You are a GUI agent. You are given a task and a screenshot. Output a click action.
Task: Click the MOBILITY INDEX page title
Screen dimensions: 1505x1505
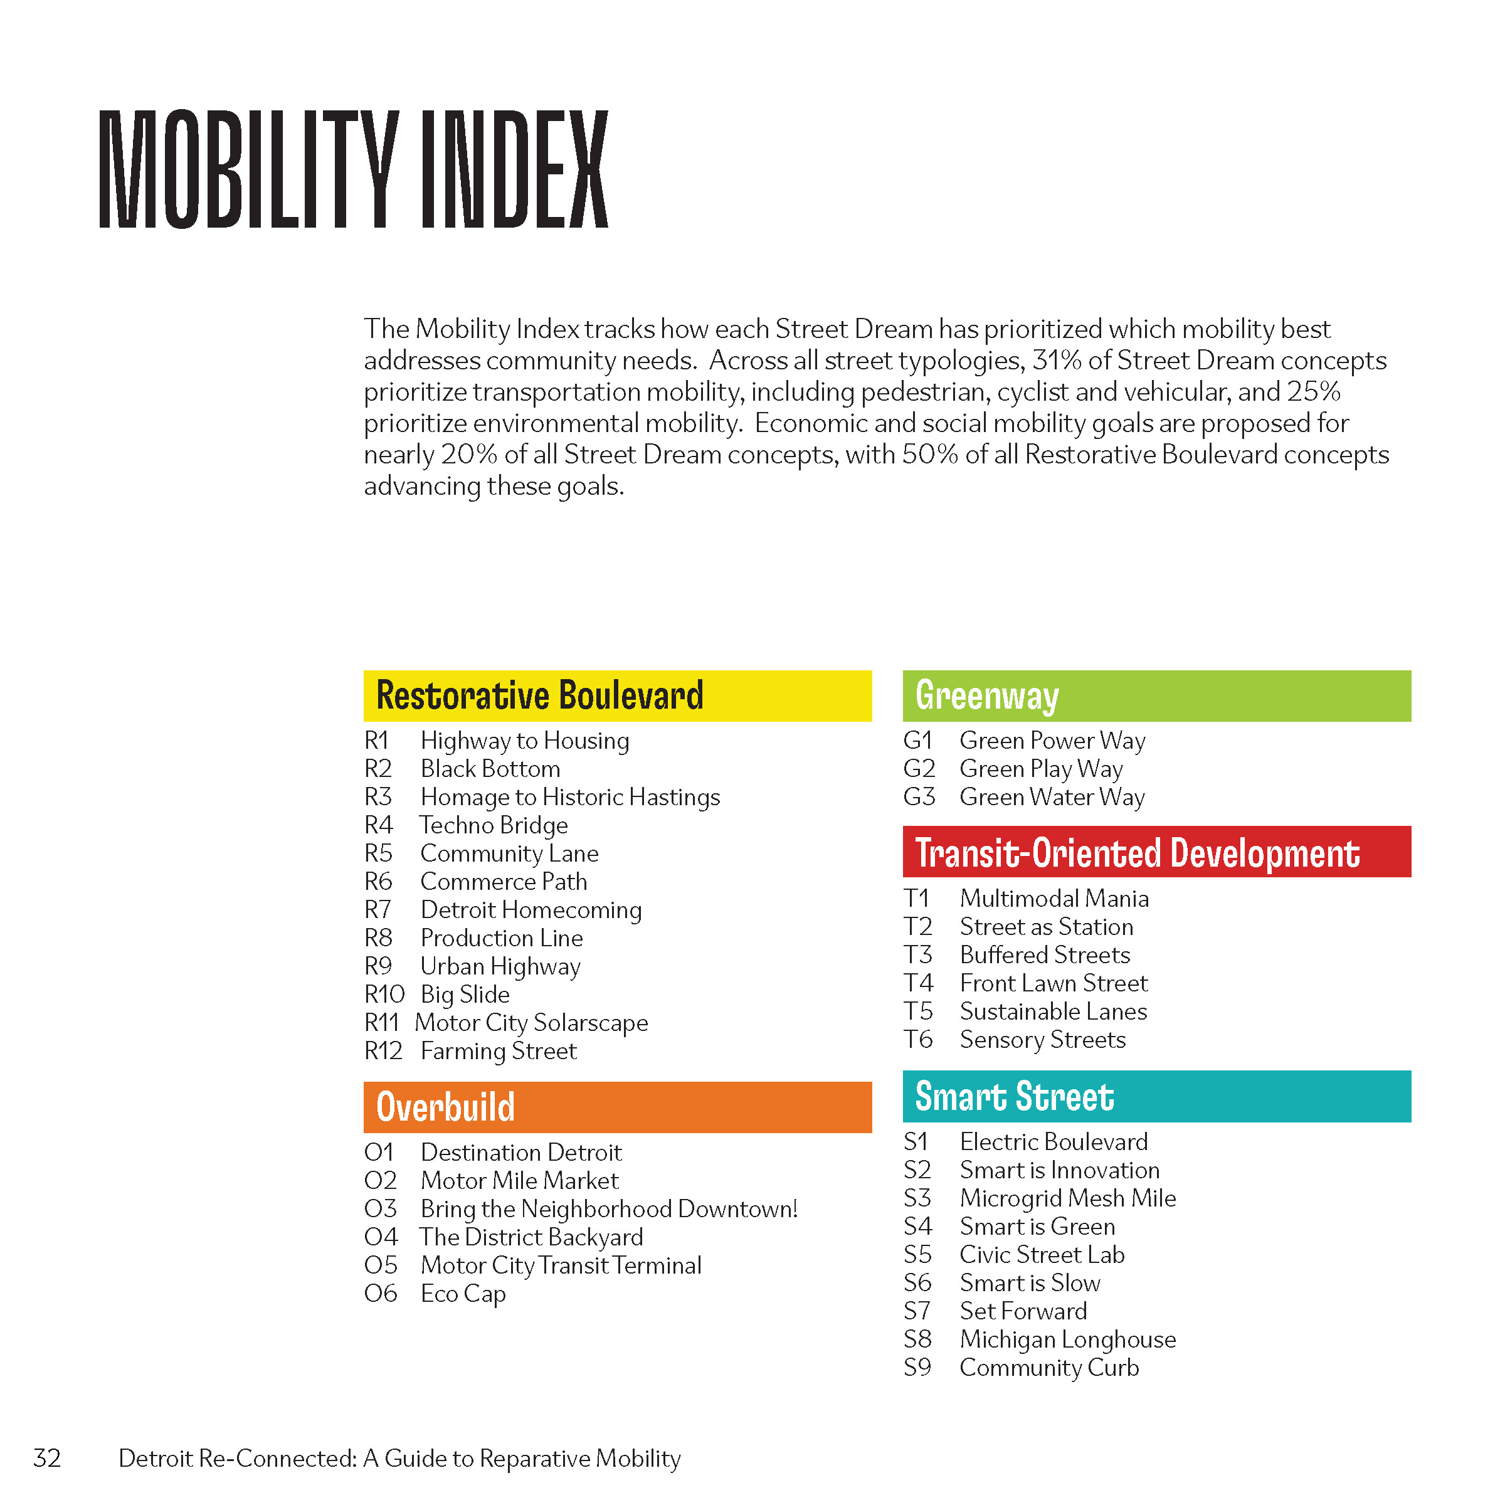point(354,169)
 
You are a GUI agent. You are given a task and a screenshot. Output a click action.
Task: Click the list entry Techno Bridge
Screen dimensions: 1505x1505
point(494,825)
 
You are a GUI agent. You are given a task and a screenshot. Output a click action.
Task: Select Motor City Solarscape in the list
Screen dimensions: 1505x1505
point(531,1023)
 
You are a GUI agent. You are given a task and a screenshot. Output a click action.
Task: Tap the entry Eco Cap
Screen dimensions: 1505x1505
point(463,1294)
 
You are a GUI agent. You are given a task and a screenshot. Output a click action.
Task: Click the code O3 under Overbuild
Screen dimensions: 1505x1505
point(381,1209)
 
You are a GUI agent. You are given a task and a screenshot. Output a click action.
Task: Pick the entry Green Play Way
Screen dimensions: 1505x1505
point(1042,769)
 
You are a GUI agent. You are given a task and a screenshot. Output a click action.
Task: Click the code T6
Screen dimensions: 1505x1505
point(919,1040)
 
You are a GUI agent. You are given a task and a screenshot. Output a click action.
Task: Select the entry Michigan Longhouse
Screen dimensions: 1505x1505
point(1068,1340)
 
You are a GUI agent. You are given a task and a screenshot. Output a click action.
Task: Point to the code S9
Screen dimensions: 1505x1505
point(917,1368)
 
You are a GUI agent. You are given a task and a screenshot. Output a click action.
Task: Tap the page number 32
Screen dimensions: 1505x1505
point(48,1458)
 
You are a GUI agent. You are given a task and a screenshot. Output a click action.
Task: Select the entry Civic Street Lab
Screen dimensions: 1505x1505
point(1042,1255)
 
